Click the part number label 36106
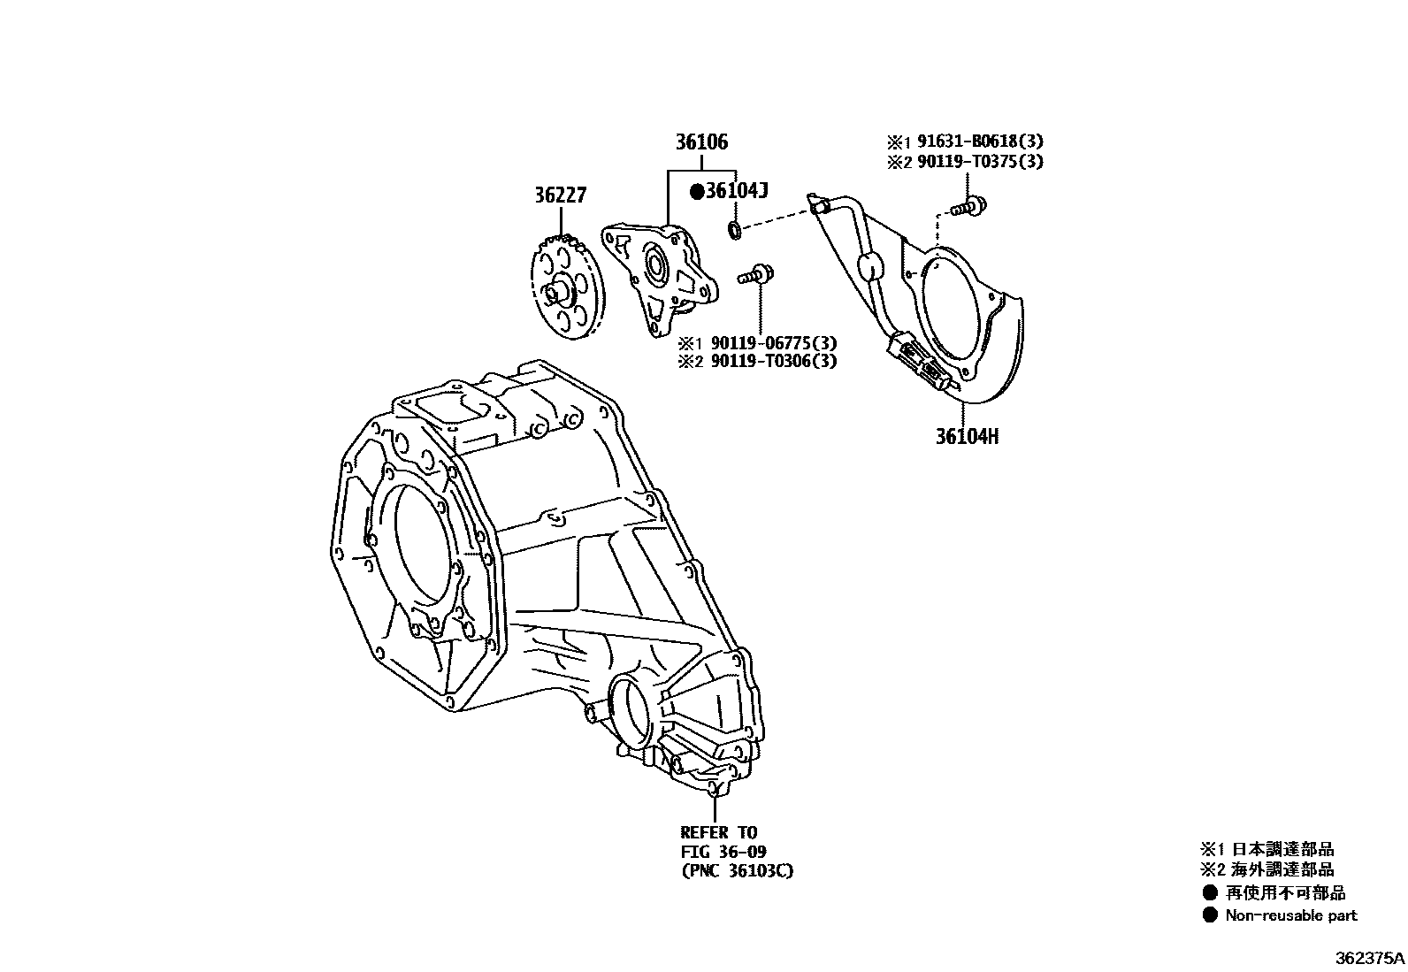tap(701, 142)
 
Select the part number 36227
tap(559, 195)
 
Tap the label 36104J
tap(736, 190)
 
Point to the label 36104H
tap(967, 437)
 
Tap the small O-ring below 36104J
tap(734, 231)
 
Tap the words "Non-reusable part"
tap(1290, 915)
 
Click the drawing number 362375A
tap(1369, 957)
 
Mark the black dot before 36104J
tap(696, 190)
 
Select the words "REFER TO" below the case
tap(718, 832)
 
